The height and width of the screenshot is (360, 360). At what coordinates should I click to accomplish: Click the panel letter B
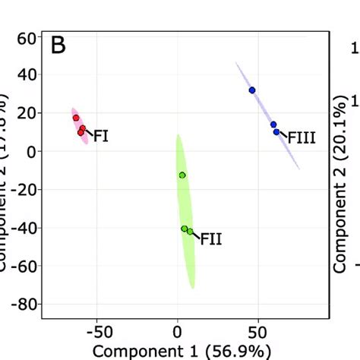(58, 46)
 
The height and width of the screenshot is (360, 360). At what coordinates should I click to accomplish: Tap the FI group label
(100, 137)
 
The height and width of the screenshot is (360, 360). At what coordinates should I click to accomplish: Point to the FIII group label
(301, 138)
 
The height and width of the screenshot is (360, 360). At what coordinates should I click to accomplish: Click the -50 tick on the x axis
(97, 332)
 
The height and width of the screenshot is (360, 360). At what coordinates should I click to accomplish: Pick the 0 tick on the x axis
(177, 332)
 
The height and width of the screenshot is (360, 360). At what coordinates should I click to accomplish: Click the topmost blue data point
(252, 90)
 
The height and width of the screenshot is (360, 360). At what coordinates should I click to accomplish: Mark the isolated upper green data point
(182, 175)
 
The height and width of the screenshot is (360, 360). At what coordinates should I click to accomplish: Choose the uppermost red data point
(76, 118)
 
